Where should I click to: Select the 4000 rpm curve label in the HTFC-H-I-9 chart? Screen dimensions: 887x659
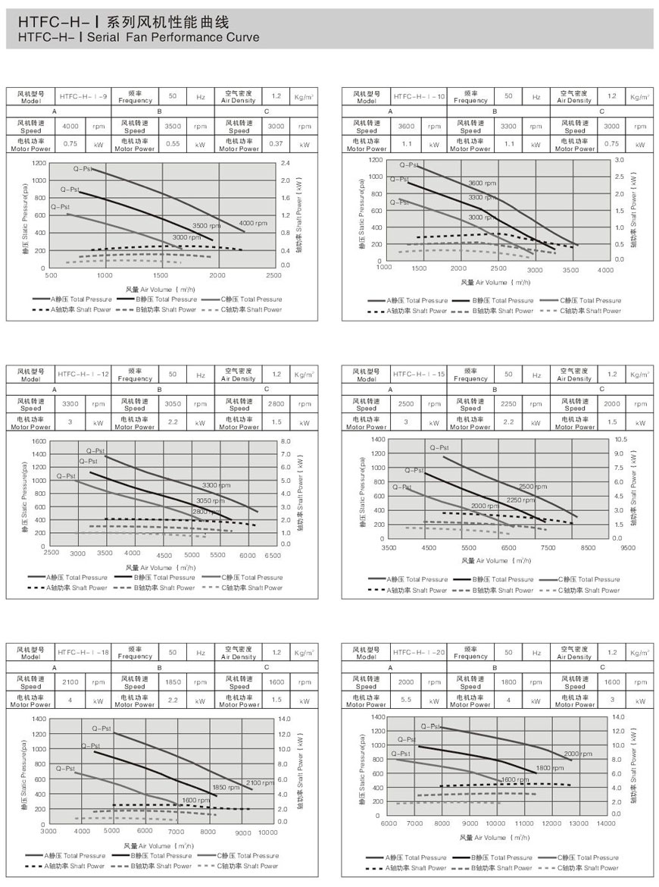(x=253, y=223)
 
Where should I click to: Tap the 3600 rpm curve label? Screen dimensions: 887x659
(x=483, y=183)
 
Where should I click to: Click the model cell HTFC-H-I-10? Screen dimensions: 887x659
(x=419, y=96)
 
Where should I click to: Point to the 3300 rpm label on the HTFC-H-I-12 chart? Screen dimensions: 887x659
(x=217, y=485)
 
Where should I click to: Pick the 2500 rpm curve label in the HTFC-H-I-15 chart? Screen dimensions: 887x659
(x=533, y=487)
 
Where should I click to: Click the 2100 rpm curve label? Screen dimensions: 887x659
(x=259, y=782)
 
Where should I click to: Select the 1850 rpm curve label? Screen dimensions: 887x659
(x=226, y=787)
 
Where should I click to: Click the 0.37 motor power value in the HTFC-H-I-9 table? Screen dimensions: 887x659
(x=276, y=143)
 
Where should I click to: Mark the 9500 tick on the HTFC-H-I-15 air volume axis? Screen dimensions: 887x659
(x=626, y=547)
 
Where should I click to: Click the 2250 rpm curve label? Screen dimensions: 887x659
(x=520, y=500)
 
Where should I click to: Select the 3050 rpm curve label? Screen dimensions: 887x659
(x=211, y=500)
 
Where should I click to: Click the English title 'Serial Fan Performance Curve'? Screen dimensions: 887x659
(x=138, y=36)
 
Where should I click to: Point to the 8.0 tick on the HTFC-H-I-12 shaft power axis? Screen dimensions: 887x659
(x=285, y=440)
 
